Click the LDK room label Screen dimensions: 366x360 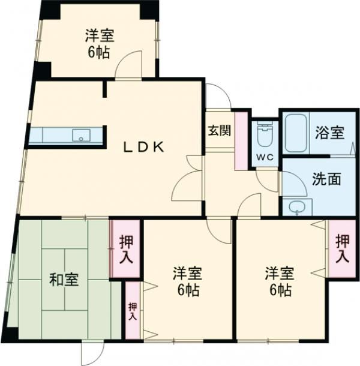(143, 146)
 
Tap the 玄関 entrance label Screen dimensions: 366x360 (217, 131)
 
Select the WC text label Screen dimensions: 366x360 (263, 157)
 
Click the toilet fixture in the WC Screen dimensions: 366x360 (263, 135)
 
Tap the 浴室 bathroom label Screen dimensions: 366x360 (329, 133)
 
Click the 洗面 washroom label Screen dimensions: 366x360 (326, 178)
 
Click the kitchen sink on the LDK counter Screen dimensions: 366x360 (80, 136)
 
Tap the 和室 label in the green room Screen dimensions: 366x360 (63, 280)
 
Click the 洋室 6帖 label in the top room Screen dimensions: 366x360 (98, 44)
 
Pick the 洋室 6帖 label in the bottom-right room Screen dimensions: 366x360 (279, 282)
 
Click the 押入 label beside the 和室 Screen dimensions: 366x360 (126, 248)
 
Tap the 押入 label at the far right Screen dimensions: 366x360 (341, 248)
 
